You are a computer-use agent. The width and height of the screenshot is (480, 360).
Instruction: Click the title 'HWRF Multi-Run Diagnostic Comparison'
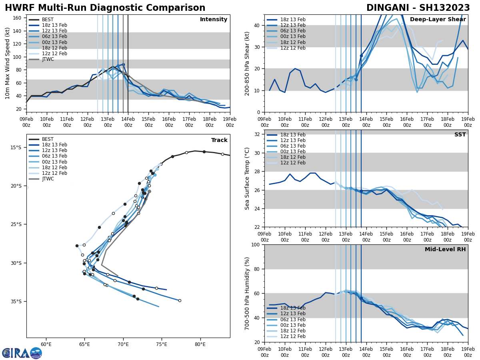pyautogui.click(x=105, y=8)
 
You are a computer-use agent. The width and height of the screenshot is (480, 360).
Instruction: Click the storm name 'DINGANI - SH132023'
pyautogui.click(x=418, y=8)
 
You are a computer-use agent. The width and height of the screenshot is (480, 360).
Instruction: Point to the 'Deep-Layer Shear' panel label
pyautogui.click(x=438, y=20)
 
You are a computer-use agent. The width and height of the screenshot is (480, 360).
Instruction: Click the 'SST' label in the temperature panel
pyautogui.click(x=460, y=135)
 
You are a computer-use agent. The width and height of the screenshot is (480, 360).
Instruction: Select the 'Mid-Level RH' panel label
pyautogui.click(x=445, y=250)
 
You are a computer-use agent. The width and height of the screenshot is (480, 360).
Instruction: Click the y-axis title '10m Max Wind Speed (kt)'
pyautogui.click(x=7, y=63)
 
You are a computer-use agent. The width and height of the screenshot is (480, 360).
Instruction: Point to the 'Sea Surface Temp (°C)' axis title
pyautogui.click(x=247, y=178)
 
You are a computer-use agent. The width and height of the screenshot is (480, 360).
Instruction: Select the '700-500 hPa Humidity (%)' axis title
pyautogui.click(x=247, y=293)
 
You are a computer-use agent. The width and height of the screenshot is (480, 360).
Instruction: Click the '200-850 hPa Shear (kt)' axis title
pyautogui.click(x=247, y=63)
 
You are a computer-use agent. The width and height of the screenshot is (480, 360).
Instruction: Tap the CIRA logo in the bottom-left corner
pyautogui.click(x=22, y=353)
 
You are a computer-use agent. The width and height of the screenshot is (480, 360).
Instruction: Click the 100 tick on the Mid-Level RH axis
pyautogui.click(x=257, y=244)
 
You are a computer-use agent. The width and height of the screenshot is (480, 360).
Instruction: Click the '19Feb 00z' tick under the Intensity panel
pyautogui.click(x=230, y=122)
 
